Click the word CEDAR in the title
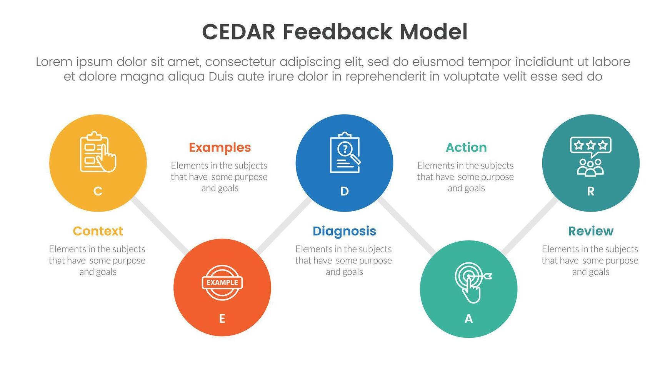[x=238, y=32]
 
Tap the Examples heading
[x=220, y=147]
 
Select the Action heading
[x=466, y=147]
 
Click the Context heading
[x=98, y=231]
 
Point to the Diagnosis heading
[x=344, y=231]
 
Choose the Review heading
[x=591, y=231]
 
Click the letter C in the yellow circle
[x=98, y=191]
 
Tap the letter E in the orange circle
[x=222, y=319]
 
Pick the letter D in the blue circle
[x=344, y=191]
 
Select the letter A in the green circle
[x=468, y=319]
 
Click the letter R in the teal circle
[x=591, y=191]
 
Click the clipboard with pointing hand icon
[x=98, y=152]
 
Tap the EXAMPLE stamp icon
[x=222, y=283]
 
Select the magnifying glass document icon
[x=345, y=152]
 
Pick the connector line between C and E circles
[x=160, y=225]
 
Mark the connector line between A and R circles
[x=530, y=226]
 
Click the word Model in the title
[x=433, y=32]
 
